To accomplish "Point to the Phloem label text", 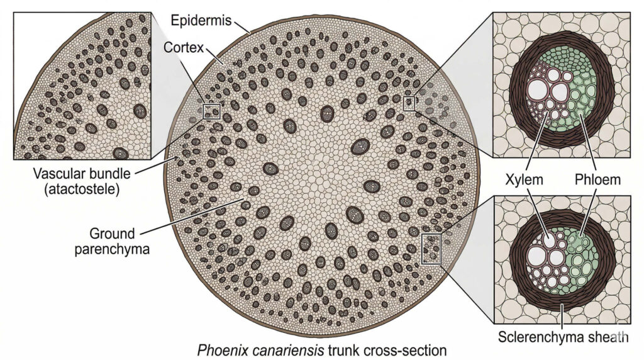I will (x=597, y=180).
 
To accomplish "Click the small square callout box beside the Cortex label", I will (x=211, y=111).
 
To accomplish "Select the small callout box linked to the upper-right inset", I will (x=409, y=103).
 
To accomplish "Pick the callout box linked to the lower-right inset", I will (x=432, y=248).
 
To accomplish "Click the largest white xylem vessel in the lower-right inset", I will (x=538, y=256).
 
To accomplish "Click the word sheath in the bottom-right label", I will (x=608, y=337).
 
